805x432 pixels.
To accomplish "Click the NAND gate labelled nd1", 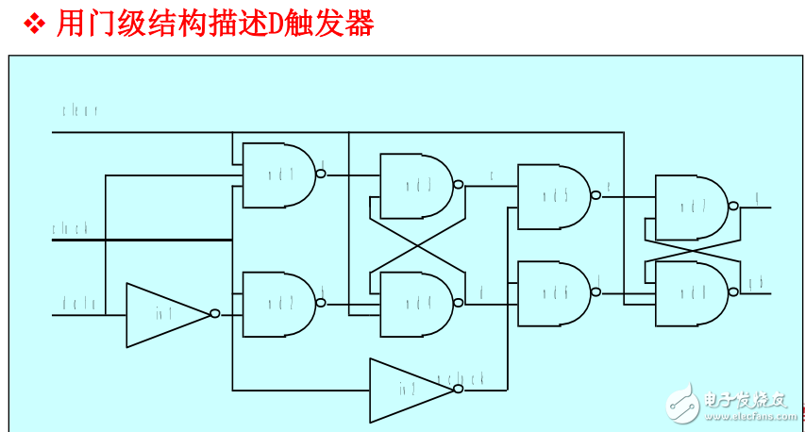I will pyautogui.click(x=278, y=175).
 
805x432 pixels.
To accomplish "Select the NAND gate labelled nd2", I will pyautogui.click(x=278, y=304).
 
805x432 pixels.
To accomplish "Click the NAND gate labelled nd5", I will pyautogui.click(x=553, y=196).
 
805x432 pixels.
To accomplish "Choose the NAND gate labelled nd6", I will pyautogui.click(x=553, y=293).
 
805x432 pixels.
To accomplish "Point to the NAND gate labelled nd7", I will pyautogui.click(x=690, y=207).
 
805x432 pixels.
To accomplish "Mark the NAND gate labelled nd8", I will pyautogui.click(x=690, y=293).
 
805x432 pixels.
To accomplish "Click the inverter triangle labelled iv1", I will pyautogui.click(x=165, y=315).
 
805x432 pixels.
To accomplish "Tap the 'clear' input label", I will pyautogui.click(x=80, y=111).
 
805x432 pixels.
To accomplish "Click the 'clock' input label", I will pyautogui.click(x=71, y=228).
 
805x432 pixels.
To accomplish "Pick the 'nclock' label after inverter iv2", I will pyautogui.click(x=467, y=378).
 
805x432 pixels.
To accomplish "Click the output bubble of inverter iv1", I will pyautogui.click(x=215, y=314).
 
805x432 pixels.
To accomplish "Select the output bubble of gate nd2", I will pyautogui.click(x=321, y=304).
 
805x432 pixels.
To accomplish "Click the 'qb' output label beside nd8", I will pyautogui.click(x=755, y=282).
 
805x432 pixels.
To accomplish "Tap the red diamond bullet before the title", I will pyautogui.click(x=35, y=25).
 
